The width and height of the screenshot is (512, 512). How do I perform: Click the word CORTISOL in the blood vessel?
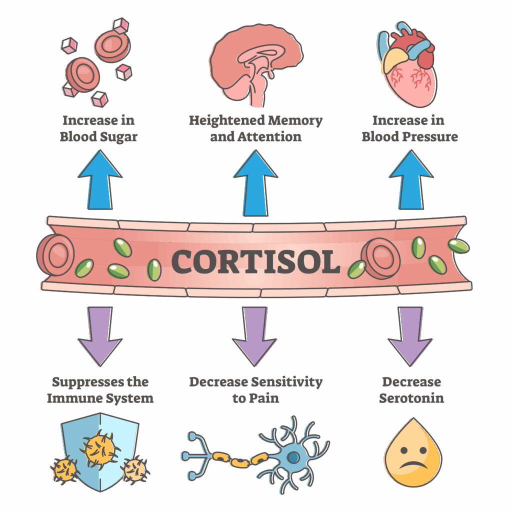click(255, 261)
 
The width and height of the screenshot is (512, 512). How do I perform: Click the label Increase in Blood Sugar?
click(98, 128)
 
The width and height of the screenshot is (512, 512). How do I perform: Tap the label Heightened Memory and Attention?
click(255, 128)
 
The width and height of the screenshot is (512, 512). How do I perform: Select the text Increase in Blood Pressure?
click(409, 128)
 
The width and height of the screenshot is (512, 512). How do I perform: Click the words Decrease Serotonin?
click(411, 390)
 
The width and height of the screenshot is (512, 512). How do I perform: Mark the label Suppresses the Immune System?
click(100, 390)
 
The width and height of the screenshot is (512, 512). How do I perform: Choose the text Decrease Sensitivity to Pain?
click(255, 390)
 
